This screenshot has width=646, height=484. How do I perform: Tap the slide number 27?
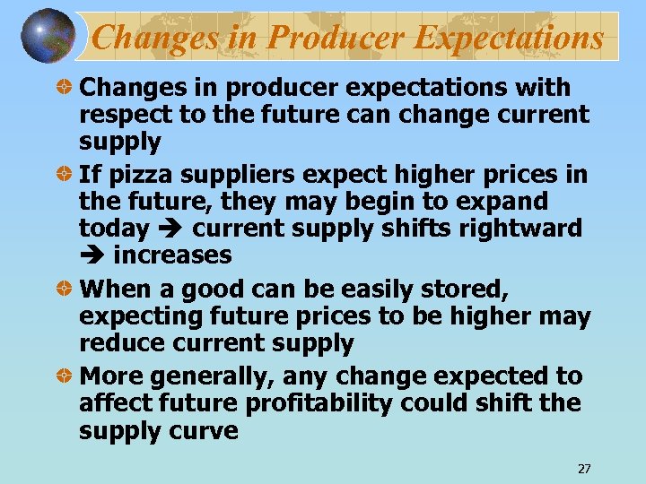[584, 469]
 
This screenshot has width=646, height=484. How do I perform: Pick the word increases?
[172, 255]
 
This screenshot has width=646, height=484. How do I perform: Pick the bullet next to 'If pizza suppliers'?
[65, 173]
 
